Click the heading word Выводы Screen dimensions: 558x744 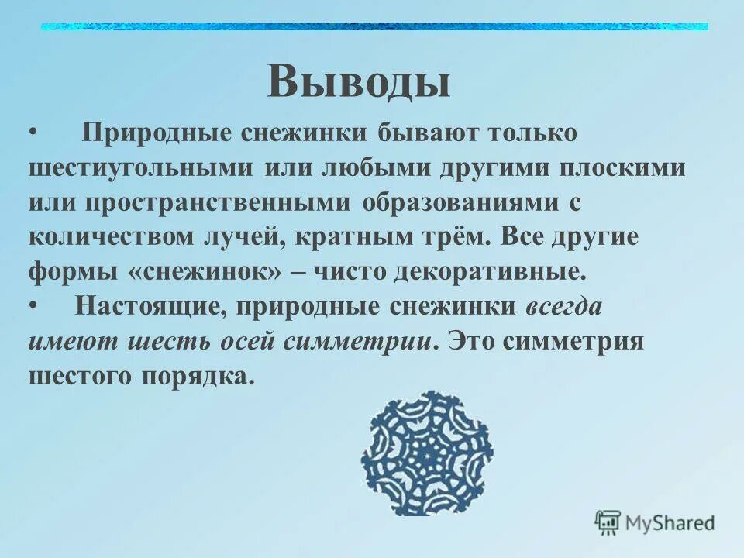click(x=358, y=81)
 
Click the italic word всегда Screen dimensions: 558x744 click(x=563, y=306)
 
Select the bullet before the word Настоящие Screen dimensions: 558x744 click(x=33, y=306)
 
